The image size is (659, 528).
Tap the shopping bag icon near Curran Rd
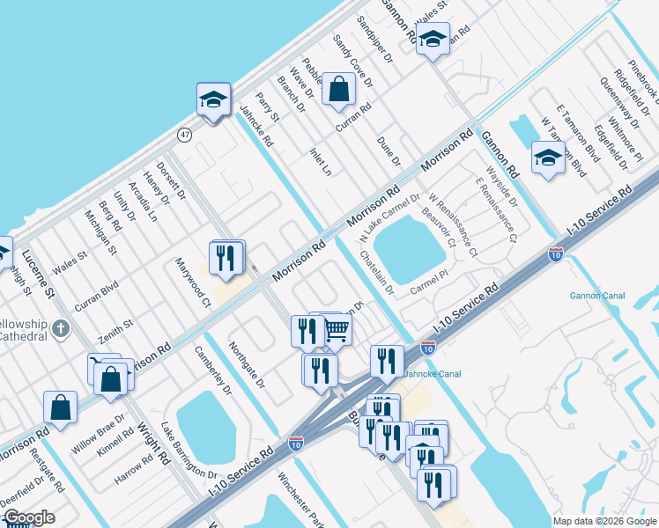[338, 89]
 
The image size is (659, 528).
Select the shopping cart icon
[337, 330]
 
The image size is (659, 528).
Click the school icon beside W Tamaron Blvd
[548, 158]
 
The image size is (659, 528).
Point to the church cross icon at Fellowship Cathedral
[60, 329]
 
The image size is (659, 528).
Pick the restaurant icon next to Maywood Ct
[226, 257]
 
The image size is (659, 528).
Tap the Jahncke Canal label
[433, 372]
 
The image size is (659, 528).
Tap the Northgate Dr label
[247, 365]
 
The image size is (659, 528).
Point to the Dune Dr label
[389, 150]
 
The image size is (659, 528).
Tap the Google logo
[28, 517]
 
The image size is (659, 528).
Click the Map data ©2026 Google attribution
[605, 521]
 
